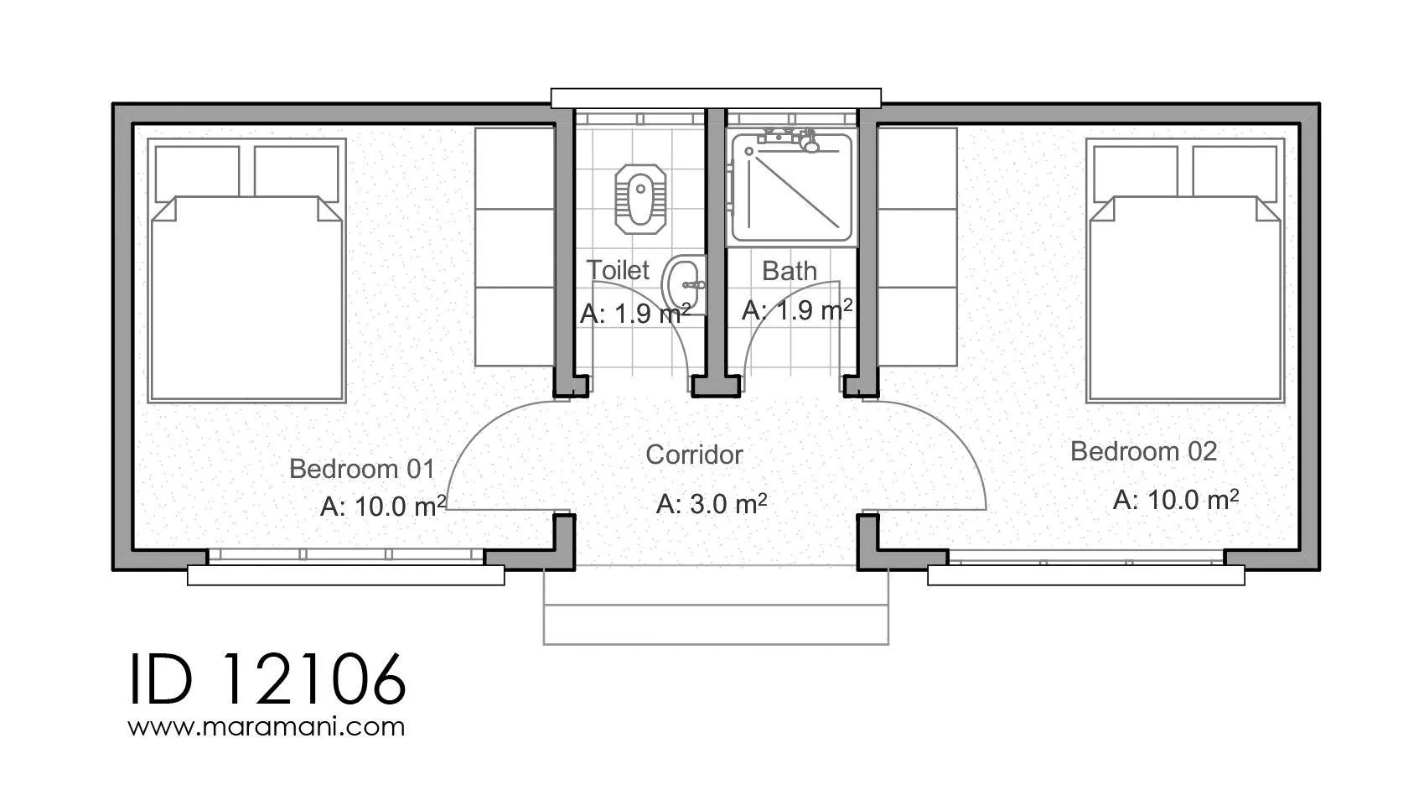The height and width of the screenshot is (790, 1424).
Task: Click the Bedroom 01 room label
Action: pos(362,470)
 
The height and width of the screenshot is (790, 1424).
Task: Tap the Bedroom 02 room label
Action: pos(1144,452)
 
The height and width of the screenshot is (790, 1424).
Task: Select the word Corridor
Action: pos(694,455)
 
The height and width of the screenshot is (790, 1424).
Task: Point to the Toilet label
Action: pos(617,270)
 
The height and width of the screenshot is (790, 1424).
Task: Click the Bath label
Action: pos(790,271)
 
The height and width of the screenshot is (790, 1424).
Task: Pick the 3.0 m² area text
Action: pos(712,504)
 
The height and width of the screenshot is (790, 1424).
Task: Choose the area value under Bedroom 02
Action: pos(1176,500)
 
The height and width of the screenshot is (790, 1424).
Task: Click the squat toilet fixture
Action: pos(640,199)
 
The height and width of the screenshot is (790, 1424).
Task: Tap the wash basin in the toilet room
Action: pos(684,285)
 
